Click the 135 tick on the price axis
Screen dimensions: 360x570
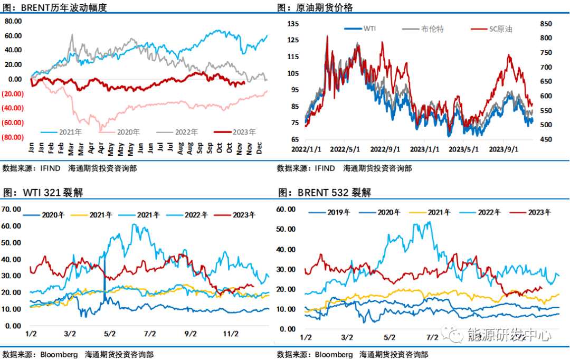pyautogui.click(x=293, y=24)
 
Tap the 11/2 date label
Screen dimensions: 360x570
pyautogui.click(x=231, y=334)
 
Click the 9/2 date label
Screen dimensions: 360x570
pyautogui.click(x=191, y=334)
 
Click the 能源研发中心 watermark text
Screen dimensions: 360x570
pyautogui.click(x=509, y=335)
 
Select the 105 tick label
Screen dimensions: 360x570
pyautogui.click(x=293, y=73)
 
